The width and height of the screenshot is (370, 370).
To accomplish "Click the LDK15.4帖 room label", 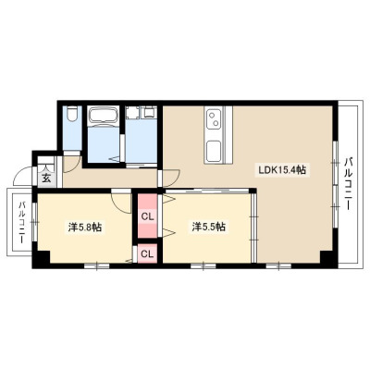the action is pyautogui.click(x=282, y=169).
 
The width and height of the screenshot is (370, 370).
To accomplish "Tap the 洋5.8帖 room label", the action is pyautogui.click(x=85, y=228).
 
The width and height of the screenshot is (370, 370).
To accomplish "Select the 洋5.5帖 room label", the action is pyautogui.click(x=209, y=227).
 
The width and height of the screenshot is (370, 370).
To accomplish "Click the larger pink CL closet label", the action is pyautogui.click(x=147, y=217).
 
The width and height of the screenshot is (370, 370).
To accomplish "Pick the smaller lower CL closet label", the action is pyautogui.click(x=147, y=253).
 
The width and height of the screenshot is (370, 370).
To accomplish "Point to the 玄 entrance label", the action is pyautogui.click(x=46, y=179).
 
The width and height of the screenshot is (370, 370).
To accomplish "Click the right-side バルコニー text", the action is pyautogui.click(x=349, y=184).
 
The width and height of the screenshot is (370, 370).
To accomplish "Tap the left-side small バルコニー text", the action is pyautogui.click(x=22, y=223).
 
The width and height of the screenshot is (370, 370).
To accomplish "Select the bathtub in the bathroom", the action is pyautogui.click(x=104, y=116).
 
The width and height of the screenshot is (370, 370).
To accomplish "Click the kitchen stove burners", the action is pyautogui.click(x=214, y=119).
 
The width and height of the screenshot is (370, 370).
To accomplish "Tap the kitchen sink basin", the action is pyautogui.click(x=214, y=152).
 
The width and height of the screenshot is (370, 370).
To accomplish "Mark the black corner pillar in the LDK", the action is pyautogui.click(x=328, y=257).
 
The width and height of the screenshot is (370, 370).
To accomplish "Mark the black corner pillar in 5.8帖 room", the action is pyautogui.click(x=41, y=257).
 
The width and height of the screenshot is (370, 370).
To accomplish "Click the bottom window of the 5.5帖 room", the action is pyautogui.click(x=203, y=265).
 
